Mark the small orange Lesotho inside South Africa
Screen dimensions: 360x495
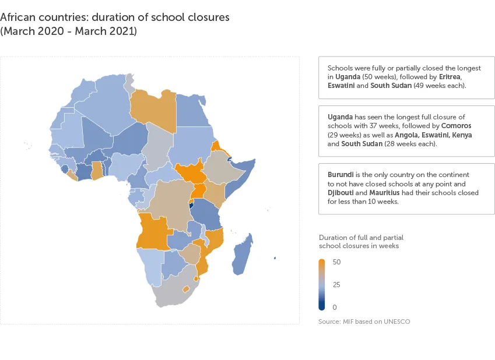[186, 288]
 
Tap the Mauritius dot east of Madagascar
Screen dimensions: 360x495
[275, 258]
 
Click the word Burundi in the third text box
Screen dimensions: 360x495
[341, 175]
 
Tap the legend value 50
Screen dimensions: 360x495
[336, 262]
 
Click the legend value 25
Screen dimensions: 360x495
[336, 285]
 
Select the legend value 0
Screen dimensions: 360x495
[335, 307]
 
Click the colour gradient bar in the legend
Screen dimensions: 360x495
[322, 284]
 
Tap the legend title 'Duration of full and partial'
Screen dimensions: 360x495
[361, 238]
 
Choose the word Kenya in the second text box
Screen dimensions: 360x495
[462, 135]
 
